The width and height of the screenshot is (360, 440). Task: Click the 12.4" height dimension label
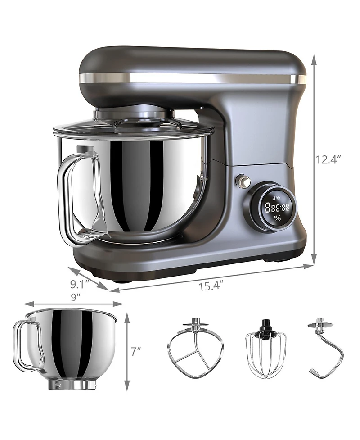329,159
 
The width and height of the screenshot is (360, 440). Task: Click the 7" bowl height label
135,352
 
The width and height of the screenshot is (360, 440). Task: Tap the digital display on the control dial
276,208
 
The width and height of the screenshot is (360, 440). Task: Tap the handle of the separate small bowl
27,345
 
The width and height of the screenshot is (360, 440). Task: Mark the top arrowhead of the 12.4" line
314,58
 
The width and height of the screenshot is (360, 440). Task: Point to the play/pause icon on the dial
277,218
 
